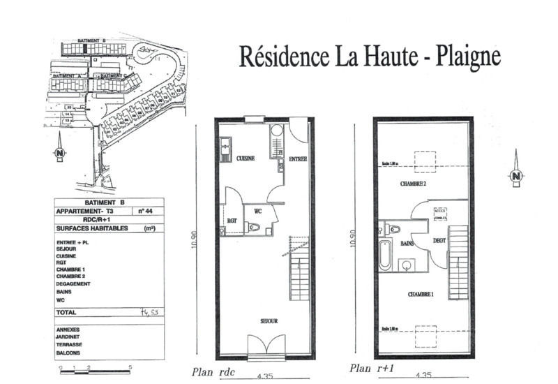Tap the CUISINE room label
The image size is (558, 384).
244,158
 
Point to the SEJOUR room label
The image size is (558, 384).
269,321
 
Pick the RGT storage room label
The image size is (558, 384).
232,222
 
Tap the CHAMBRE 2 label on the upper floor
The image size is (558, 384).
413,184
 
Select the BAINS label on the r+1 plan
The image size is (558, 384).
407,244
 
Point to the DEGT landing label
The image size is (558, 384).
439,241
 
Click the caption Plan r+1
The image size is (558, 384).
370,369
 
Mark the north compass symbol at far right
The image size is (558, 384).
516,176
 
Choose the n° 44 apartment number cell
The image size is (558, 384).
146,210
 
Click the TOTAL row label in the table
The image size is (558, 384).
67,313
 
